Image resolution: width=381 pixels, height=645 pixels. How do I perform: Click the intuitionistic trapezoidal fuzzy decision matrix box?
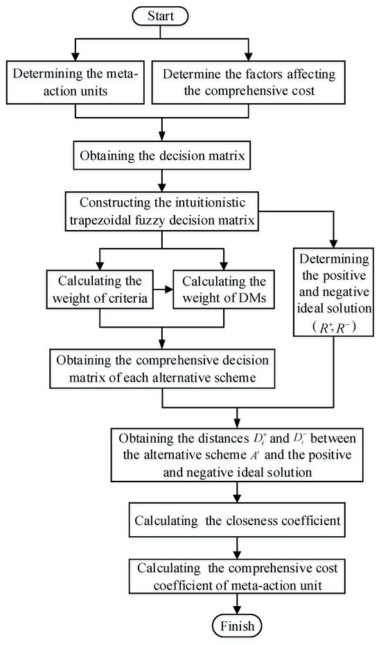[x=161, y=212]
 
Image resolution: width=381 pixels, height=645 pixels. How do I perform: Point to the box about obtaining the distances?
[x=237, y=453]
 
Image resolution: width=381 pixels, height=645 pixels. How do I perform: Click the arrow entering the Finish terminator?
[x=237, y=608]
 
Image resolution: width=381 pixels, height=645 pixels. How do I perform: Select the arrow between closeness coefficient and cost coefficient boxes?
[x=237, y=546]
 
